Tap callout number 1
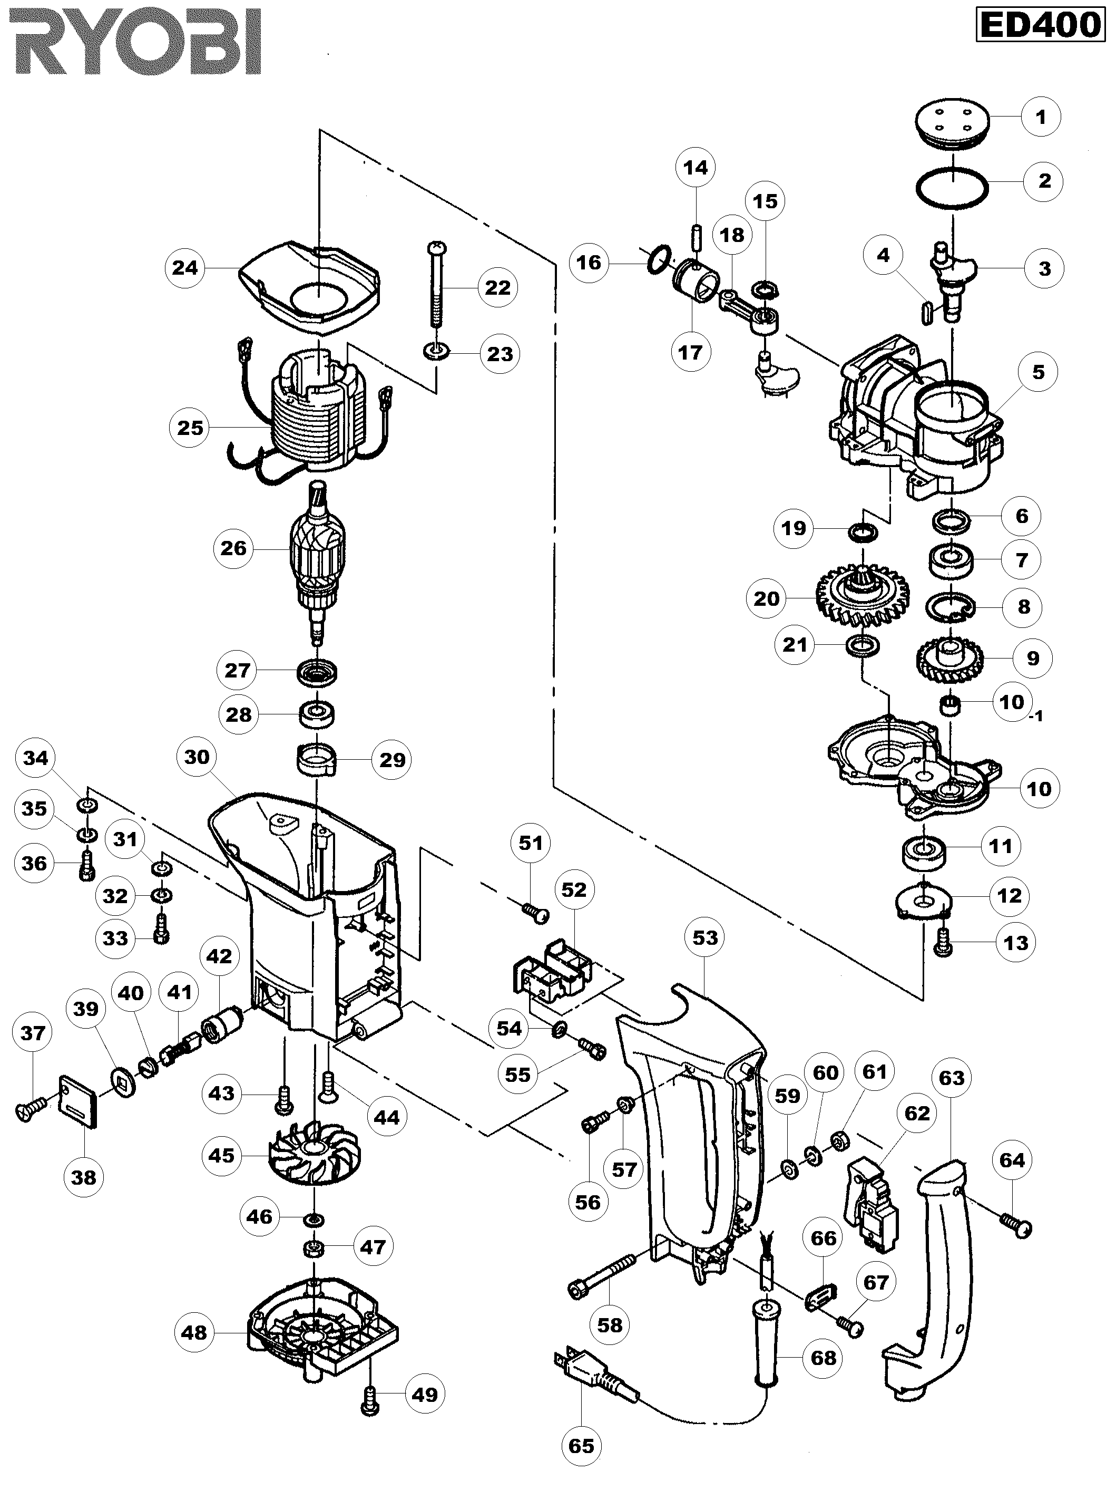click(x=1040, y=117)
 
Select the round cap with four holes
click(x=953, y=127)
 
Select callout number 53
click(x=704, y=937)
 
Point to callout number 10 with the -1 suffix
click(x=1013, y=702)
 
